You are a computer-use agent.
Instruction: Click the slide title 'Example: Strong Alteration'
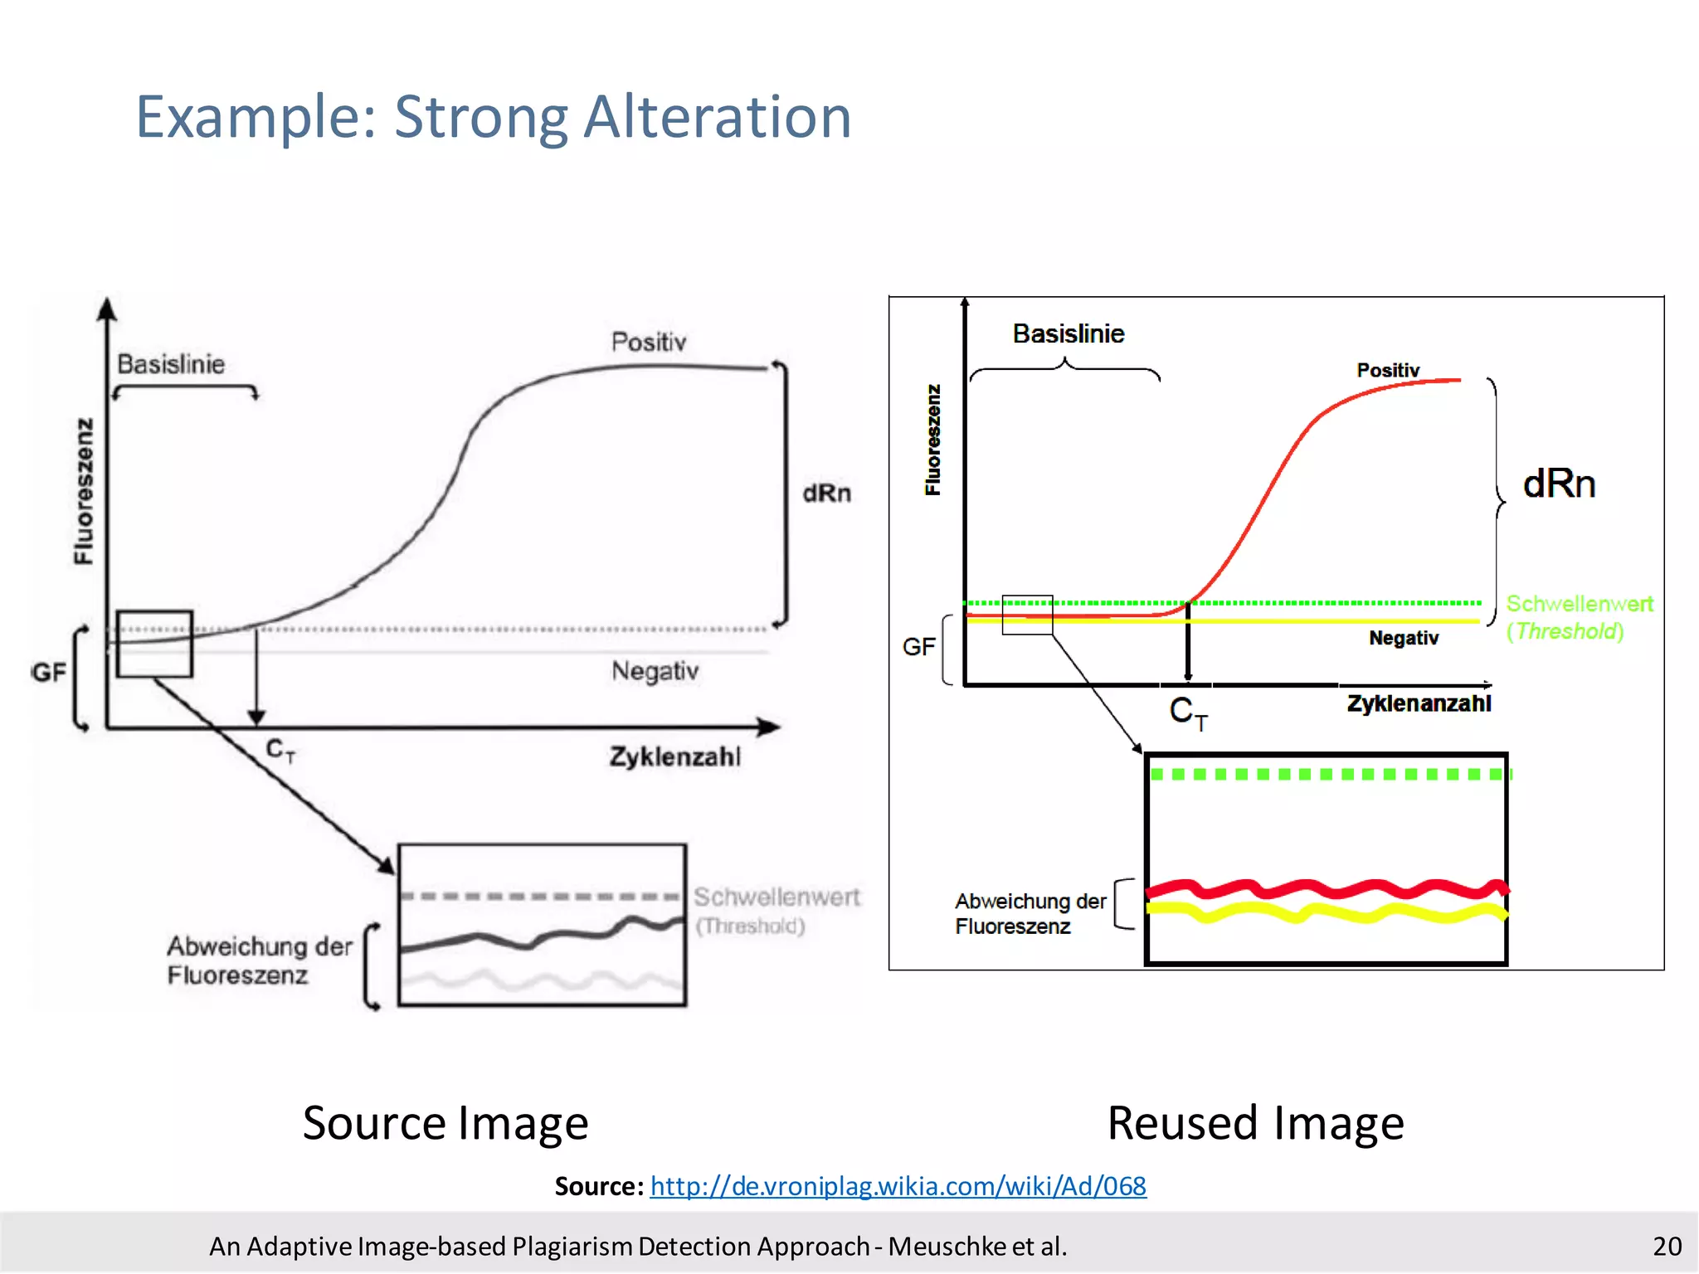point(494,117)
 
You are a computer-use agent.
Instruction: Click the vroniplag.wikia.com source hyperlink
point(898,1186)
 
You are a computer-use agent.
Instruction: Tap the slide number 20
point(1666,1246)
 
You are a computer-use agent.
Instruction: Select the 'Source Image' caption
point(445,1123)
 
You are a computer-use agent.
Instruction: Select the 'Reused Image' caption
point(1255,1123)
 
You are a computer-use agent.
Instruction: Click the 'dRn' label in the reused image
point(1559,484)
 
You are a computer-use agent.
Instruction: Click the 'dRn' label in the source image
point(826,494)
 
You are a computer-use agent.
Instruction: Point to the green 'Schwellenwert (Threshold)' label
point(1578,617)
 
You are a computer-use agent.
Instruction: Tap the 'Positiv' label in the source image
point(649,342)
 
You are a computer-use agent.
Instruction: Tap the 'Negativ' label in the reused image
point(1404,638)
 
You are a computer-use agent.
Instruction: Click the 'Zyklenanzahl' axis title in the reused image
point(1419,703)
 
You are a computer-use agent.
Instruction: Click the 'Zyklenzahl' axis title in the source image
point(674,756)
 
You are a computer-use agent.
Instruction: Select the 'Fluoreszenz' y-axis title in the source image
point(84,491)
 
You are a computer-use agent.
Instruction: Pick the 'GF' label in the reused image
point(918,647)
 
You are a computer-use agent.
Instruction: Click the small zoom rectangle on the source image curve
point(154,644)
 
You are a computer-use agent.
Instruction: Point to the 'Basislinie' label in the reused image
point(1069,333)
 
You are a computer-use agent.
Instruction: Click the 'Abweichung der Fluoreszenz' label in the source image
point(259,960)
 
